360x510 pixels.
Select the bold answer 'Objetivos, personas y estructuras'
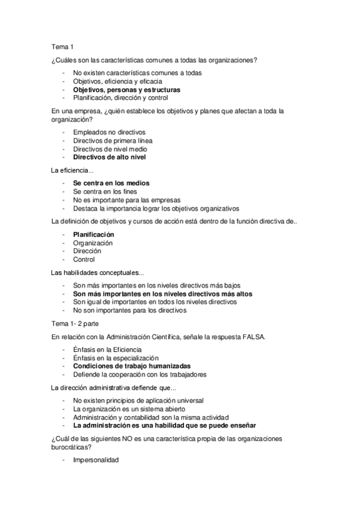click(x=127, y=90)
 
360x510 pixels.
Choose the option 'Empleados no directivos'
click(x=109, y=132)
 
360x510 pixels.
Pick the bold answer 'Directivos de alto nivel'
click(x=109, y=157)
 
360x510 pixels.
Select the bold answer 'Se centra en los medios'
click(x=111, y=183)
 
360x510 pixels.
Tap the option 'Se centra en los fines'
click(x=106, y=191)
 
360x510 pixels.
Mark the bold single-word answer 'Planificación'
click(x=94, y=234)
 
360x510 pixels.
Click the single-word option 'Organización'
click(x=93, y=242)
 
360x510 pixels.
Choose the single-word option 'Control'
click(x=84, y=259)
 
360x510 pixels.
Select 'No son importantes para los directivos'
click(x=130, y=310)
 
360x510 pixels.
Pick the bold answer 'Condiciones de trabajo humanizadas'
click(x=132, y=366)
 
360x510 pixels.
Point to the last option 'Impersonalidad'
click(x=96, y=459)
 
